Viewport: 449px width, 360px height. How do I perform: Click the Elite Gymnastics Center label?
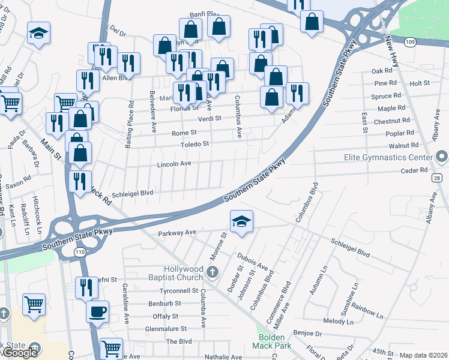click(388, 157)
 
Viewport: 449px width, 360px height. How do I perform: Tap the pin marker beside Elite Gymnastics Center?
click(442, 158)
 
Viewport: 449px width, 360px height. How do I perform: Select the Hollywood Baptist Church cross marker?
click(211, 273)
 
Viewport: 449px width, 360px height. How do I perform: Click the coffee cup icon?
click(97, 311)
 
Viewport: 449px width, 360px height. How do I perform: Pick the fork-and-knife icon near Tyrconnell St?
click(87, 288)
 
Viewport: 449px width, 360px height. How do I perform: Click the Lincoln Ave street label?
click(174, 164)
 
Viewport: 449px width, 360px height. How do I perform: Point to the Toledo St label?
click(196, 144)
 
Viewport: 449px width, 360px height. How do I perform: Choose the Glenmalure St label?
click(166, 329)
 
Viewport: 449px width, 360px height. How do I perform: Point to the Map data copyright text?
click(423, 355)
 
